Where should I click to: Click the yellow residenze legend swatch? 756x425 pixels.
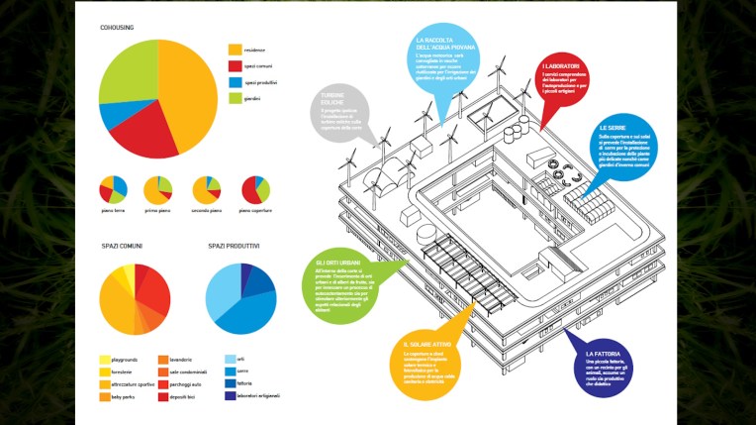(236, 49)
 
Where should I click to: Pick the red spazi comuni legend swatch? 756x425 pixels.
(236, 65)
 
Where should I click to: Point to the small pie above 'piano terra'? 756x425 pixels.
(114, 189)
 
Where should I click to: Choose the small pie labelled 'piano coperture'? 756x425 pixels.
(255, 189)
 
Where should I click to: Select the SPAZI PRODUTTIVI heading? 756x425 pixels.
(234, 246)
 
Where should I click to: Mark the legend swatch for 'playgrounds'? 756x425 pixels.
(105, 359)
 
